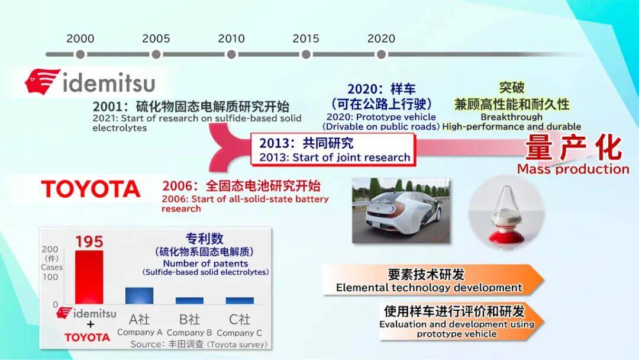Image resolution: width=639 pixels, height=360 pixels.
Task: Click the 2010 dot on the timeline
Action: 231,54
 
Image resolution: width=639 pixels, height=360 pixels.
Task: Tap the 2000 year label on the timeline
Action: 80,38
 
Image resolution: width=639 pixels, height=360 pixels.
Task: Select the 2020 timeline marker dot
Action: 381,54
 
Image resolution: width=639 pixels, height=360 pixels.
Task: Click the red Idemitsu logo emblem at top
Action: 43,82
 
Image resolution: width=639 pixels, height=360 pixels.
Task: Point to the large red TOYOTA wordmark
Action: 91,189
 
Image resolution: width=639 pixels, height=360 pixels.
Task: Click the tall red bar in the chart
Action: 89,277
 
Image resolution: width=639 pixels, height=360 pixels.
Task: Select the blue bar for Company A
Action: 140,296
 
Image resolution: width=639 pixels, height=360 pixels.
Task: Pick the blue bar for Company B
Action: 189,301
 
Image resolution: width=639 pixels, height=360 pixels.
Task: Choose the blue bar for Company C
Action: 240,301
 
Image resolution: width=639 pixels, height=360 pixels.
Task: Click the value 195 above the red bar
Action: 89,242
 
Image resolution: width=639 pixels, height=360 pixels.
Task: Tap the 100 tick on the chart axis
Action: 50,277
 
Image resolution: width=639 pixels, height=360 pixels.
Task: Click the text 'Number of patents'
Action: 205,263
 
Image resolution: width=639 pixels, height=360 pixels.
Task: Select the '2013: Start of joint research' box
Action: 333,149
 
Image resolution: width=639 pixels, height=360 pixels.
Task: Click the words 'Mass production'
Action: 573,169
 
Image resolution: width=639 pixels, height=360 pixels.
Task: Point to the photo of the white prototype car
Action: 401,210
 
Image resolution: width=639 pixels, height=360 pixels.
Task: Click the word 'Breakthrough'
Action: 511,117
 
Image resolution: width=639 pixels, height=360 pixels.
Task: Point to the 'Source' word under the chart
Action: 146,345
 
